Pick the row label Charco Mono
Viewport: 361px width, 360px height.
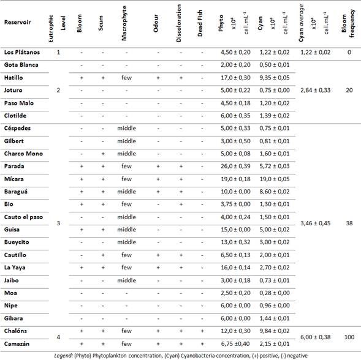pyautogui.click(x=22, y=154)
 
